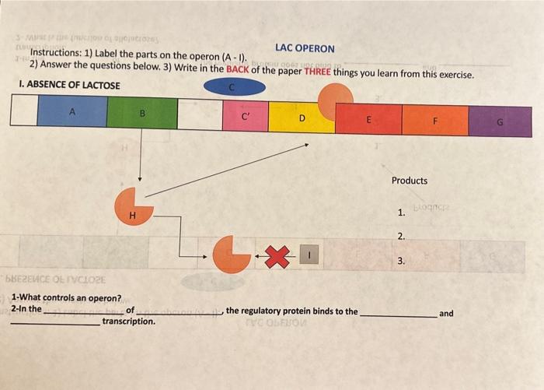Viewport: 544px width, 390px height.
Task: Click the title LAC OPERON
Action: pos(305,48)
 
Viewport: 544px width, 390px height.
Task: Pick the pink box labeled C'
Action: pos(246,117)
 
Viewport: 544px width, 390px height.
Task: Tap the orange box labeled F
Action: pos(435,121)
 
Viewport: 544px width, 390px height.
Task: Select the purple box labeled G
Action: pos(500,121)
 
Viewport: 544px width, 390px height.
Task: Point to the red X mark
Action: pos(277,254)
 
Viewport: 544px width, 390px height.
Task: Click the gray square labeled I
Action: pos(309,254)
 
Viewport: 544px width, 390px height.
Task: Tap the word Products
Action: pos(410,181)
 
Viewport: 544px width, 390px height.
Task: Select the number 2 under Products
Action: pos(401,236)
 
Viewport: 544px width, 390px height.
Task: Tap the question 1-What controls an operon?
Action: pos(67,298)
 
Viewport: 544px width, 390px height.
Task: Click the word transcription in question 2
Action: pos(128,321)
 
